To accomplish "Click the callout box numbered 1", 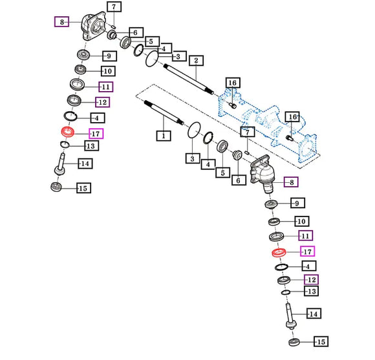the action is pyautogui.click(x=164, y=136).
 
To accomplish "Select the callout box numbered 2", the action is pyautogui.click(x=196, y=61).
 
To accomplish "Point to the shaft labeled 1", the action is pyautogui.click(x=164, y=113).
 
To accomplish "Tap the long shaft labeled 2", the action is pyautogui.click(x=189, y=79).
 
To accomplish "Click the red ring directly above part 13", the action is pyautogui.click(x=68, y=132).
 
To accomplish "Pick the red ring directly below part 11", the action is pyautogui.click(x=279, y=253).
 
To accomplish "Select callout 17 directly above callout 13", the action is pyautogui.click(x=96, y=134).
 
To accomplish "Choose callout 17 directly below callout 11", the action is pyautogui.click(x=308, y=251).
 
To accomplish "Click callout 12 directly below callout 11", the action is pyautogui.click(x=103, y=102).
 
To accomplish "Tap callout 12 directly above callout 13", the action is pyautogui.click(x=312, y=279).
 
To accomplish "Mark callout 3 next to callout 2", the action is pyautogui.click(x=179, y=56).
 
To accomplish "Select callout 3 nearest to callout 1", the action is pyautogui.click(x=193, y=158).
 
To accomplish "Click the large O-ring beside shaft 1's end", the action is pyautogui.click(x=194, y=131).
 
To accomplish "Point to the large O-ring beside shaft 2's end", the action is pyautogui.click(x=152, y=58).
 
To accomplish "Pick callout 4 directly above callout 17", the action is pyautogui.click(x=98, y=118).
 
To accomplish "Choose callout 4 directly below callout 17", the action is pyautogui.click(x=309, y=266).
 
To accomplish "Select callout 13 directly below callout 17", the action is pyautogui.click(x=92, y=146).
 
